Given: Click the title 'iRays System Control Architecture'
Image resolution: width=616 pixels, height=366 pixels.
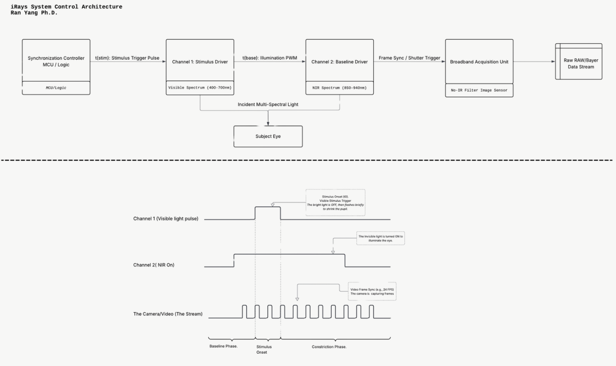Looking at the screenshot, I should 66,7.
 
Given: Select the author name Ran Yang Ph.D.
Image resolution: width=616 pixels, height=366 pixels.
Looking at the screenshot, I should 34,13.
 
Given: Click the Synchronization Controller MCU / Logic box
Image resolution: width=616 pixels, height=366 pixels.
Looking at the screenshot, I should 56,61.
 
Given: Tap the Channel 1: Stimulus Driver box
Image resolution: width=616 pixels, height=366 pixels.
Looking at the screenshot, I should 200,61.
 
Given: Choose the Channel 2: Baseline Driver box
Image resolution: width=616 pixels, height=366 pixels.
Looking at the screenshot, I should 339,61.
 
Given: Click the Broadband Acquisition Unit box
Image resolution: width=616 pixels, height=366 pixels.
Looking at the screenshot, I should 479,62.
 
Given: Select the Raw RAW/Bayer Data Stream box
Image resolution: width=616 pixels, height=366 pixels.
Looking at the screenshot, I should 580,63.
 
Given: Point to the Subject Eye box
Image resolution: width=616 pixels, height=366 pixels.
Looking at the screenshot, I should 268,136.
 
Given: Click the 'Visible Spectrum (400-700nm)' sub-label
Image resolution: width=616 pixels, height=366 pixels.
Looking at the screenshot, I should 200,88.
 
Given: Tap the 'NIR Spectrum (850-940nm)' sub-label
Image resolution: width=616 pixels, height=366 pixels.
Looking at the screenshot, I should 339,88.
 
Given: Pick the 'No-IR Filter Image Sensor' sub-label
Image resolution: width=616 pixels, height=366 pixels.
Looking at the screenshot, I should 479,90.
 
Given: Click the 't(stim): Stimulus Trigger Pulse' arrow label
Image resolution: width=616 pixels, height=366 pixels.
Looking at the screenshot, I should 127,58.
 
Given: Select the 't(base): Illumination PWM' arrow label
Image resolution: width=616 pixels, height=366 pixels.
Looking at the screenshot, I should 270,58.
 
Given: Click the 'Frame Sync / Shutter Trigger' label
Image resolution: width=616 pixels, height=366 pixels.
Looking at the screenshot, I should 409,58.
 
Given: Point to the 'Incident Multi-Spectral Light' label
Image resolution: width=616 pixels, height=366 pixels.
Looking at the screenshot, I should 268,105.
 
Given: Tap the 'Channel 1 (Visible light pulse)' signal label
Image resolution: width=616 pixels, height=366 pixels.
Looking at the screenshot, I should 166,219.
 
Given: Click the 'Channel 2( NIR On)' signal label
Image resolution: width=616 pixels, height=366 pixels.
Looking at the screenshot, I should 154,265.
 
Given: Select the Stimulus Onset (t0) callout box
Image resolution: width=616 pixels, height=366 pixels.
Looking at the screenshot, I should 335,202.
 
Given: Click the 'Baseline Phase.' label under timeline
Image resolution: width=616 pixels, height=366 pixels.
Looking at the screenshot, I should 224,347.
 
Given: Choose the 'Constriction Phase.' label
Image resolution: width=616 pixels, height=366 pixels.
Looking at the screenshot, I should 329,347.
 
